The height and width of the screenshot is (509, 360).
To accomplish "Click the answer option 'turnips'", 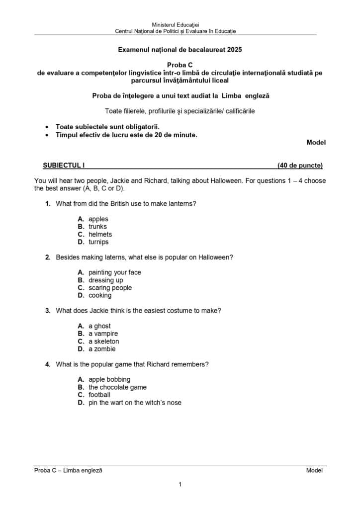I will tap(98, 242).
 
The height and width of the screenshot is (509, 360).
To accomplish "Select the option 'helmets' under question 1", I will tap(100, 234).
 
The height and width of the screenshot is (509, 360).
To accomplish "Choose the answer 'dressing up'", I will tap(105, 280).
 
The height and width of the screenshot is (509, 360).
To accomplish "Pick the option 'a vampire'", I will tap(103, 334).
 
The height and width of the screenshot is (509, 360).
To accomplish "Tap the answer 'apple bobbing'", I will tap(109, 379).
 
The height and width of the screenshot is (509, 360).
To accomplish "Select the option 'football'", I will tap(99, 395).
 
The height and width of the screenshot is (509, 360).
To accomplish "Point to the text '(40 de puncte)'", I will tap(300, 166).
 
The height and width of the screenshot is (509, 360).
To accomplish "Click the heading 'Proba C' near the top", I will tap(180, 65).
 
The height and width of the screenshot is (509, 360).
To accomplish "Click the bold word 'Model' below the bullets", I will tap(316, 142).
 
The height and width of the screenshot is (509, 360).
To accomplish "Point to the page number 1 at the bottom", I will tap(180, 484).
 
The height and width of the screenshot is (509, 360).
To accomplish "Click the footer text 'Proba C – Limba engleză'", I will tap(68, 470).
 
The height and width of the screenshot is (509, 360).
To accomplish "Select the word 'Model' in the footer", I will tap(314, 470).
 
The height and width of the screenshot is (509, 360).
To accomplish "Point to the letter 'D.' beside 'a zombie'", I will tap(81, 349).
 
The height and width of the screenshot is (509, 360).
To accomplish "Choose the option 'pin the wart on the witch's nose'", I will tap(135, 403).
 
